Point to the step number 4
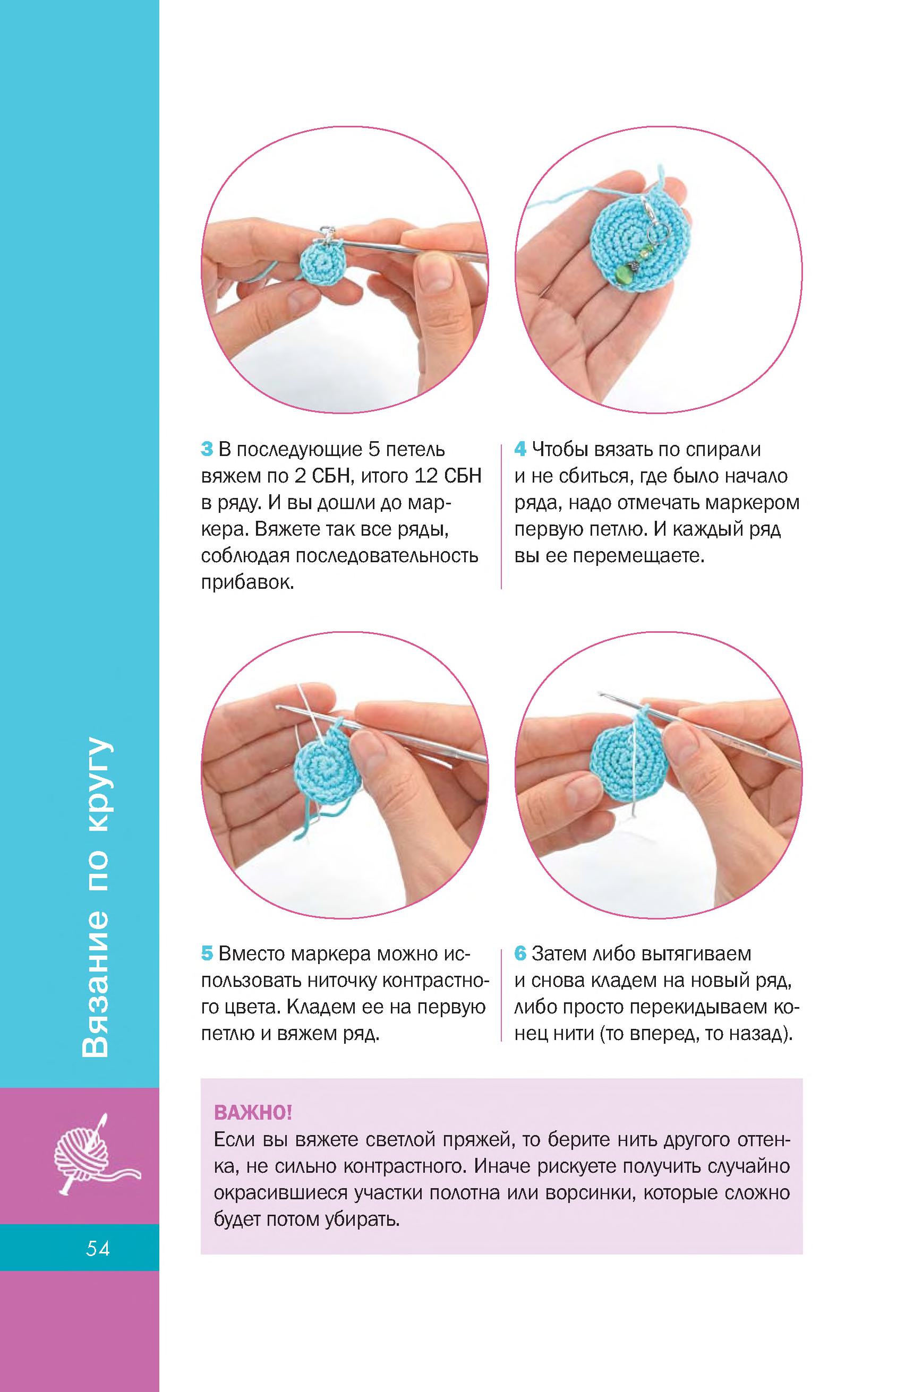(x=520, y=450)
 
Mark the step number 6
(x=520, y=953)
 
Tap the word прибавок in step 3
(x=247, y=583)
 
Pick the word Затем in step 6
(x=558, y=953)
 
